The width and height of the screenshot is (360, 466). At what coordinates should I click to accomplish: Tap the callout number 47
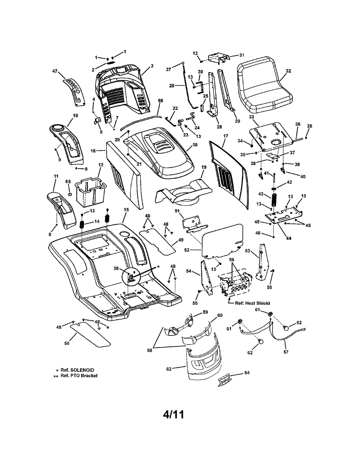pyautogui.click(x=55, y=71)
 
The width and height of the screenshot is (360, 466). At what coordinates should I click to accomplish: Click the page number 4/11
pyautogui.click(x=174, y=415)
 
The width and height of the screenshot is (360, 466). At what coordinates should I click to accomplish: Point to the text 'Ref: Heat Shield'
pyautogui.click(x=252, y=303)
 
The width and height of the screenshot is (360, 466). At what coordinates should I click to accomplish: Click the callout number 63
pyautogui.click(x=169, y=369)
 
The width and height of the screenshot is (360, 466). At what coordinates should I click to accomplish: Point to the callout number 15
pyautogui.click(x=126, y=210)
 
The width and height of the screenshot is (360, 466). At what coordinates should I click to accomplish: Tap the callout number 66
pyautogui.click(x=160, y=101)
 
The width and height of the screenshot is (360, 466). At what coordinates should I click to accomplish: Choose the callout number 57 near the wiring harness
pyautogui.click(x=286, y=352)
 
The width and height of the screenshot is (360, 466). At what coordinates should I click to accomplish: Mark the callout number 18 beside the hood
pyautogui.click(x=195, y=145)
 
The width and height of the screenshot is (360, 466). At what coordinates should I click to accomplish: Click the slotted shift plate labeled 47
pyautogui.click(x=74, y=92)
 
